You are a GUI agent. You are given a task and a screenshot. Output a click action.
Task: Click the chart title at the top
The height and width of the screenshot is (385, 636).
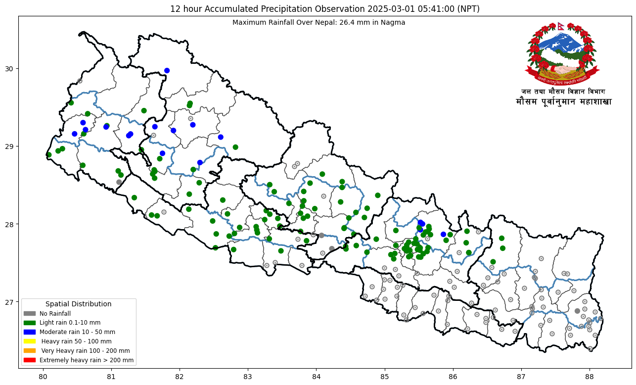click(318, 9)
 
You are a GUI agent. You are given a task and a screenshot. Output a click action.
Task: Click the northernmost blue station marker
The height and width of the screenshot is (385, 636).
click(167, 70)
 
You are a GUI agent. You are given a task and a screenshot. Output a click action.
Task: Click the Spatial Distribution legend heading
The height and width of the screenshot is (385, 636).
click(78, 304)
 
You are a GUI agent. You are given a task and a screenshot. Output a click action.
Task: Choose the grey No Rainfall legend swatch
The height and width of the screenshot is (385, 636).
click(30, 313)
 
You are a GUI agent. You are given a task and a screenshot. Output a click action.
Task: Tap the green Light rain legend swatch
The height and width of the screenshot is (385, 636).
click(30, 323)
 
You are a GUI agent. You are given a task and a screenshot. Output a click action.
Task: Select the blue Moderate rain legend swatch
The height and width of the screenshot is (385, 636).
click(30, 332)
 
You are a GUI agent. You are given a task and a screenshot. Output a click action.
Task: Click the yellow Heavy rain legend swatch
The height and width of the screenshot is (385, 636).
click(30, 341)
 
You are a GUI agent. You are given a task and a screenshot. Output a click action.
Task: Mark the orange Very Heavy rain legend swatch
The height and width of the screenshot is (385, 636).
click(30, 350)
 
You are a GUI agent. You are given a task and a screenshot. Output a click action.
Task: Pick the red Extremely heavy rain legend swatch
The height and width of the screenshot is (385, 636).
click(30, 360)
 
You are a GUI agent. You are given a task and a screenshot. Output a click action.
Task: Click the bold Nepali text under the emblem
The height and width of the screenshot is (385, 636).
click(563, 102)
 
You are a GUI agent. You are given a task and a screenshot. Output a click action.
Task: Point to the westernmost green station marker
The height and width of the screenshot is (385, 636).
click(48, 155)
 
